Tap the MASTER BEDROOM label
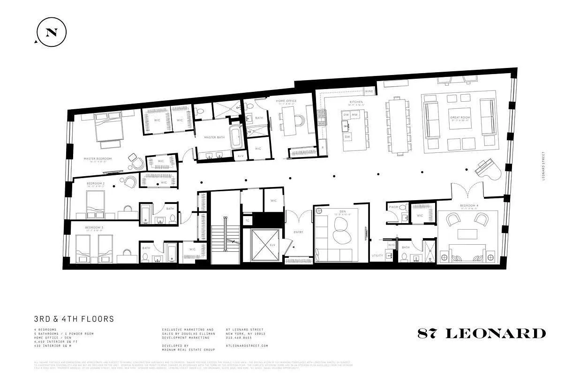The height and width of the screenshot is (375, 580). point(98,158)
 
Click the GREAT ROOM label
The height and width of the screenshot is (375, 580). point(458,118)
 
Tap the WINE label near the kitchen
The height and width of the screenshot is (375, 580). point(369,91)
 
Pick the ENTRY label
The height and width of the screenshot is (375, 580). point(298,232)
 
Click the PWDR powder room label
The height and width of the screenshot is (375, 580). point(393,206)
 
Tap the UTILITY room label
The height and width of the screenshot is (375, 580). point(377,255)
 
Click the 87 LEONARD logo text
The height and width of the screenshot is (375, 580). point(482,333)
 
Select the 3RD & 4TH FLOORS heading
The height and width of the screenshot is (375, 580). point(74,319)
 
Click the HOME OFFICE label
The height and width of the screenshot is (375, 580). point(286,100)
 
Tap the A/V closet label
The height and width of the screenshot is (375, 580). point(240,156)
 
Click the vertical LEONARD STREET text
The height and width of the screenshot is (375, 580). point(543,166)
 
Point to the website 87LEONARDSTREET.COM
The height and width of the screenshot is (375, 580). point(247,345)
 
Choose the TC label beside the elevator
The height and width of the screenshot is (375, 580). point(247,220)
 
